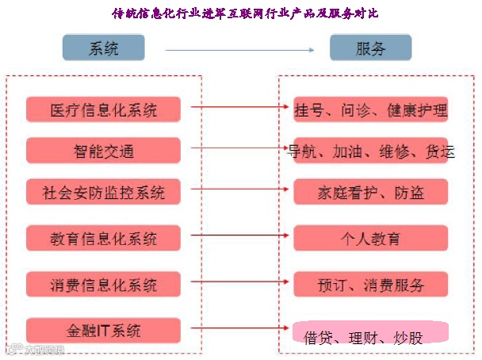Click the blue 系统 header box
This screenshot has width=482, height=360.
click(x=103, y=48)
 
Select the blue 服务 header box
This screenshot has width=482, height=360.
click(x=370, y=48)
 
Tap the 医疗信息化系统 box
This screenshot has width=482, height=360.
click(x=103, y=109)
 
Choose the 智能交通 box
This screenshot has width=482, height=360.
click(x=103, y=150)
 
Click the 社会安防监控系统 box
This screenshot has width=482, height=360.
click(x=103, y=192)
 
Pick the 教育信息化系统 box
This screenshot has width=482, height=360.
click(x=103, y=238)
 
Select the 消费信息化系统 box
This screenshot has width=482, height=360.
click(x=103, y=284)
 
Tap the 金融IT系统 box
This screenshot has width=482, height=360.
click(x=103, y=330)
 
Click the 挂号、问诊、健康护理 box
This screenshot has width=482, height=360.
click(x=370, y=109)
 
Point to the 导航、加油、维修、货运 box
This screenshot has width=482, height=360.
click(x=370, y=150)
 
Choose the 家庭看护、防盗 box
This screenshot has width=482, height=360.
click(x=370, y=192)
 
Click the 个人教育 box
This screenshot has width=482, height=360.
click(x=370, y=238)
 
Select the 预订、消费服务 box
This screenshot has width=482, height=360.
click(x=370, y=284)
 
